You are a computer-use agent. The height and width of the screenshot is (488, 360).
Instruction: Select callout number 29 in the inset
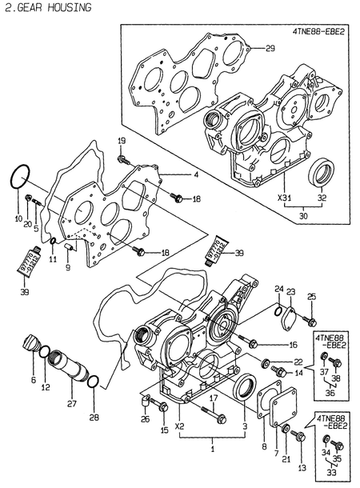270,50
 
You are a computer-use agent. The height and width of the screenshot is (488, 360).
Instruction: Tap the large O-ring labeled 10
22,177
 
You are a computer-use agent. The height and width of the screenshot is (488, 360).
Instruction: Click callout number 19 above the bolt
122,142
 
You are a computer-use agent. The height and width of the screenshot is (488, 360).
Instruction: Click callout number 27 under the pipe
72,405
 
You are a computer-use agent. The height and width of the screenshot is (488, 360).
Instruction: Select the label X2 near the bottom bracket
180,427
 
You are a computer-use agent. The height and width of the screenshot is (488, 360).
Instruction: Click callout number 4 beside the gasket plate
194,174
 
